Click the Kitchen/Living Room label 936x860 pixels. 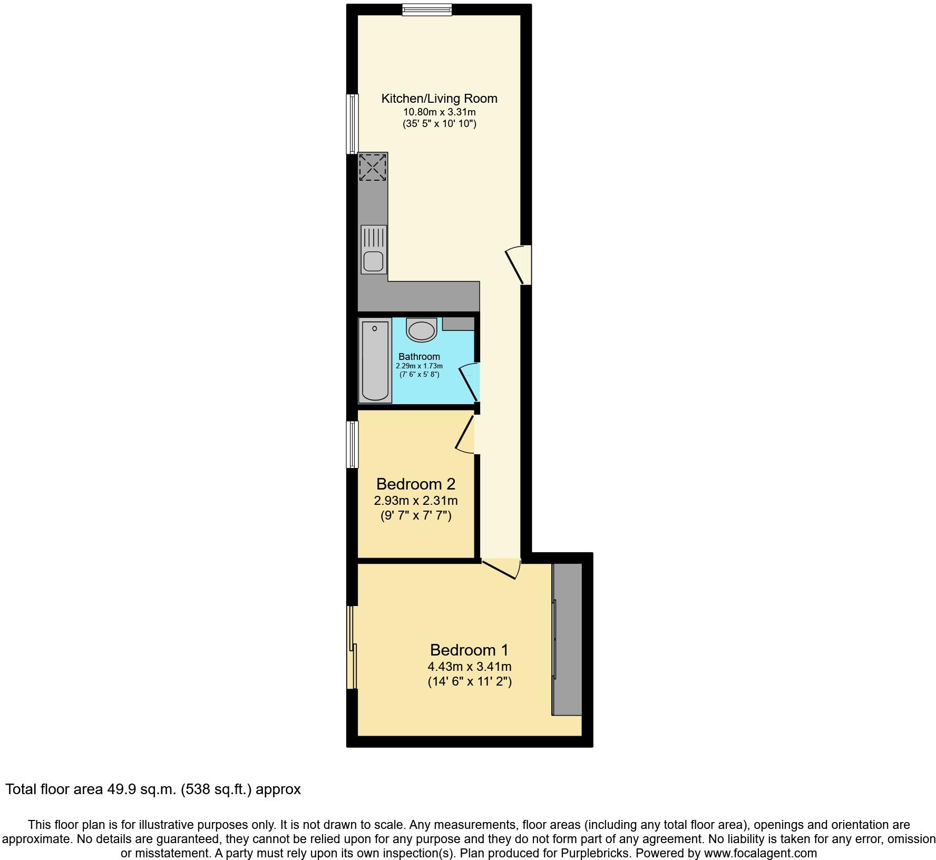(439, 99)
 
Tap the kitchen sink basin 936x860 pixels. (373, 261)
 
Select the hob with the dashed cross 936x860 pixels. (373, 167)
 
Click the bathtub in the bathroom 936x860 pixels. (375, 360)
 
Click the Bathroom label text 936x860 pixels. (419, 357)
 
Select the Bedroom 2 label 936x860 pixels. (416, 484)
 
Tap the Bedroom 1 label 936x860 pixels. (469, 650)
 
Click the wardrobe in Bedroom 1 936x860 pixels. (567, 639)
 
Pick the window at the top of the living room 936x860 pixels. (427, 9)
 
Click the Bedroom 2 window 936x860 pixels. (352, 444)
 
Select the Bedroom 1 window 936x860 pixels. (352, 647)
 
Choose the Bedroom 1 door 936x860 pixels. (501, 569)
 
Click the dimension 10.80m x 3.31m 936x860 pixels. (439, 112)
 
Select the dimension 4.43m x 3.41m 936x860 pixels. (469, 667)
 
